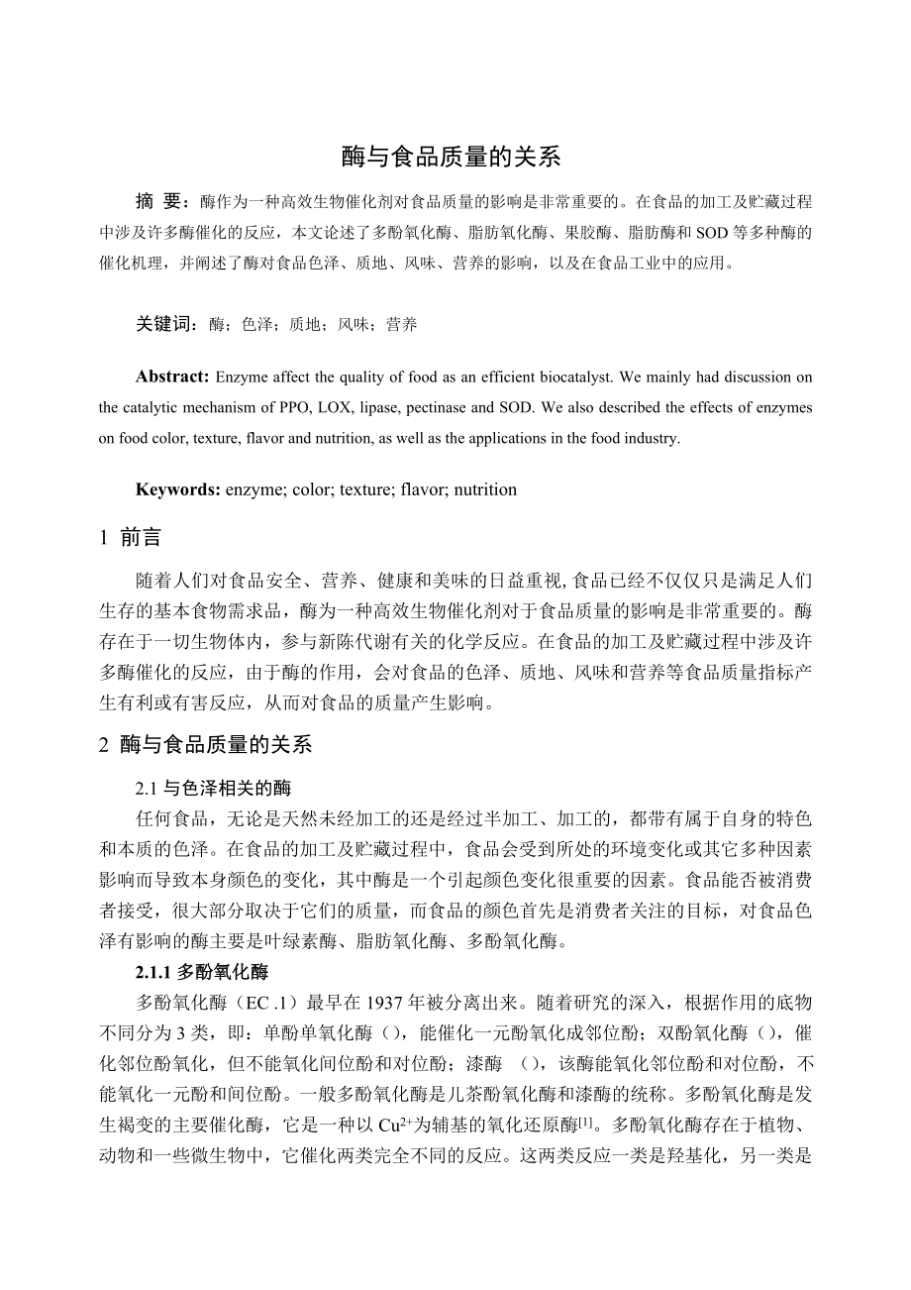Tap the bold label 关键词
pyautogui.click(x=168, y=324)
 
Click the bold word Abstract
pyautogui.click(x=172, y=377)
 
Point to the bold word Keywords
pyautogui.click(x=178, y=489)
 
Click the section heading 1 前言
pyautogui.click(x=130, y=538)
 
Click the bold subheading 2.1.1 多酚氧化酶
pyautogui.click(x=202, y=972)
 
